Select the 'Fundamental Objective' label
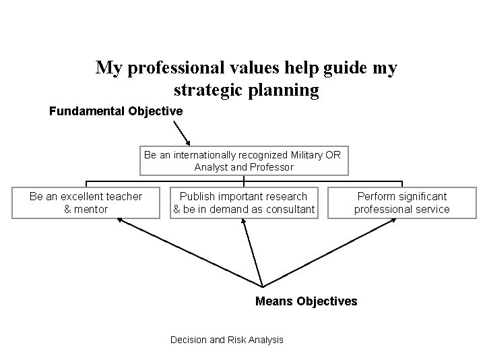[115, 111]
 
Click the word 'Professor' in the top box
[272, 166]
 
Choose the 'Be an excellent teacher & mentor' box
[86, 203]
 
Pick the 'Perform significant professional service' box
[402, 203]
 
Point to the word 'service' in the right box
[431, 209]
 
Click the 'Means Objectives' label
[306, 301]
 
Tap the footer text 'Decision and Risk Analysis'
[227, 340]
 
